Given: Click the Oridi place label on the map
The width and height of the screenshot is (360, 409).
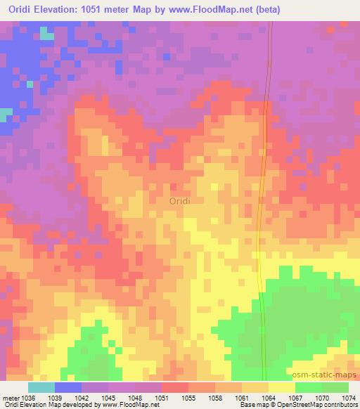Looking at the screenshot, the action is click(180, 201).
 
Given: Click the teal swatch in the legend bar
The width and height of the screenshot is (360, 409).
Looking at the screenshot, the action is click(41, 387).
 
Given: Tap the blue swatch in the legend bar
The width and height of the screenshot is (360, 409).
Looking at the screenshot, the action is click(68, 387).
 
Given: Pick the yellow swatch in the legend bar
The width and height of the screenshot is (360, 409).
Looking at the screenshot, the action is click(282, 387).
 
